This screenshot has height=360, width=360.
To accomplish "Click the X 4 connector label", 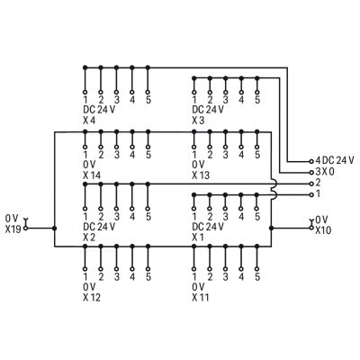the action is [89, 121].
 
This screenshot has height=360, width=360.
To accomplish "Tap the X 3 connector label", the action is [198, 121].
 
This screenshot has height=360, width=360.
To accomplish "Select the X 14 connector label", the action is [92, 175].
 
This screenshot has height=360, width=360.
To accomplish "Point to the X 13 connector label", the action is [201, 175].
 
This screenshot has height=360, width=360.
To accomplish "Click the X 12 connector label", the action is [92, 298].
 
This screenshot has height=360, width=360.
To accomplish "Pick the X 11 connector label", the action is [201, 298].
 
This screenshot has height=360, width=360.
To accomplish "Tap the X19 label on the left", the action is [13, 229].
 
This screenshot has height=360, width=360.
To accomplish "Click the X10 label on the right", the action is [323, 230].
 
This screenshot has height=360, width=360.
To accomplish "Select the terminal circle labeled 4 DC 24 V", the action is [311, 161].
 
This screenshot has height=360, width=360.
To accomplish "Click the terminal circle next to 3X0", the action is [311, 173].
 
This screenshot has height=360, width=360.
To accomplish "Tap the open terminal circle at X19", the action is [25, 229].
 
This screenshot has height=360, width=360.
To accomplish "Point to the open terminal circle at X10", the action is [311, 229].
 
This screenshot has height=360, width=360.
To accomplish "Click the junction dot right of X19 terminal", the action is [54, 229].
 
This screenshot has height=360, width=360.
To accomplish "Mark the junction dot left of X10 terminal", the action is [271, 229].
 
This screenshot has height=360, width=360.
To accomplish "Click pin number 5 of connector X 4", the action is [148, 100].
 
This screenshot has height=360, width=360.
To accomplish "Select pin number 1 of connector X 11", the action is [194, 277].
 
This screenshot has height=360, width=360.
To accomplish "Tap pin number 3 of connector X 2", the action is [117, 216].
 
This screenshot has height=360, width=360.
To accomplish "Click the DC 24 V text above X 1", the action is [208, 226].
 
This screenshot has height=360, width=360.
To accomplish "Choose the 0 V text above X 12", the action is [89, 287].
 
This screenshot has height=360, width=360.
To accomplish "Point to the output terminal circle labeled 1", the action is [311, 194].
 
